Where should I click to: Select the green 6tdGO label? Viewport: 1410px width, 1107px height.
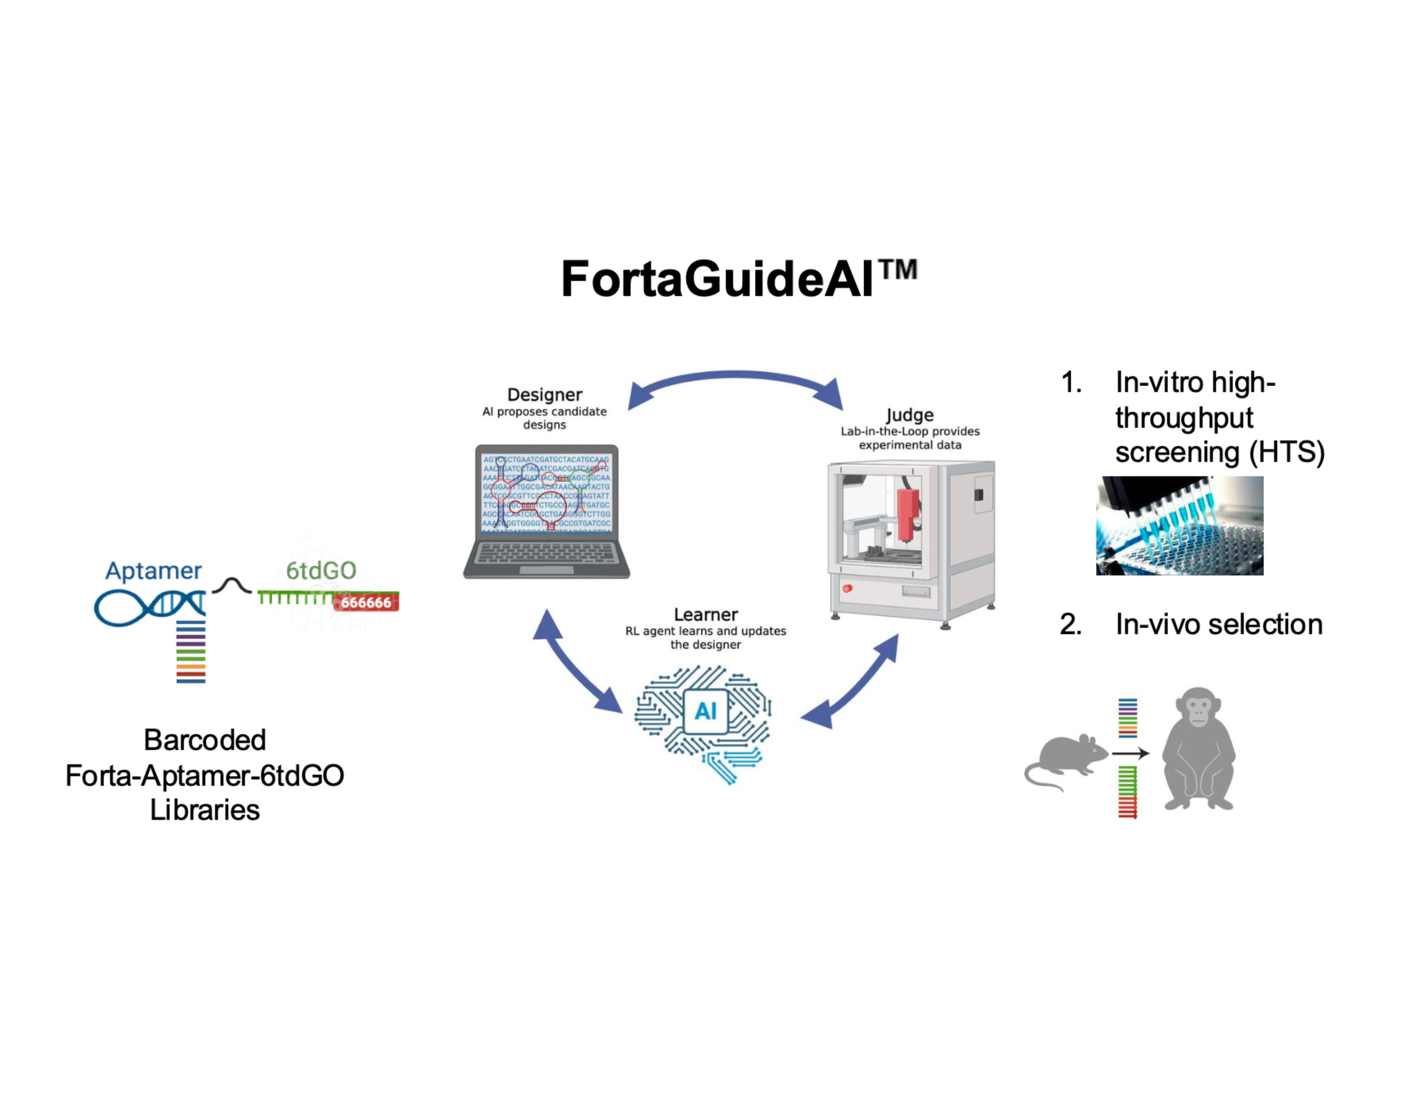[x=321, y=570]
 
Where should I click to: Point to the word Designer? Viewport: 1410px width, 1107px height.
[x=544, y=395]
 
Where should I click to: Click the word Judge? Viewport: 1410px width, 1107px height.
[x=910, y=415]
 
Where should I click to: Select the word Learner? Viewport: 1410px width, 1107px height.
[x=705, y=614]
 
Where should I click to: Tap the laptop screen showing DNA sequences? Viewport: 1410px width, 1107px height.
[x=546, y=494]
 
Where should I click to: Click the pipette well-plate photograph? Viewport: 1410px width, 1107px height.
[x=1179, y=526]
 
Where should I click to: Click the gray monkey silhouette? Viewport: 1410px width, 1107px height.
[x=1198, y=749]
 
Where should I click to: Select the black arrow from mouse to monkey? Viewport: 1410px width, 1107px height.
[x=1130, y=753]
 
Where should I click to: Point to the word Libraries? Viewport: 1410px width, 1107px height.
[x=205, y=810]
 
